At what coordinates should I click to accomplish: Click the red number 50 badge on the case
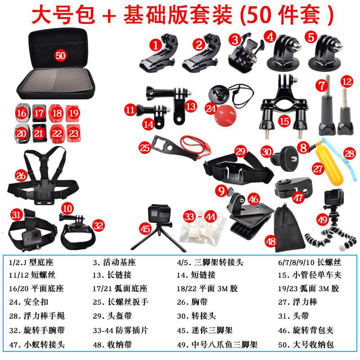point(60,55)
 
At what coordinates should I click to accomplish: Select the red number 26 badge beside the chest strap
point(21,175)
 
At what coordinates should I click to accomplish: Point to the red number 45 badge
point(145,229)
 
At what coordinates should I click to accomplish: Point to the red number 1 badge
point(156,44)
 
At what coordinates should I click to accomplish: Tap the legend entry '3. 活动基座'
point(114,262)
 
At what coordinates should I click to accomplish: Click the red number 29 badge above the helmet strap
point(241,151)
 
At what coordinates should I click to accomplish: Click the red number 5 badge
point(310,36)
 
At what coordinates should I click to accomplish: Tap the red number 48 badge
point(270,241)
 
